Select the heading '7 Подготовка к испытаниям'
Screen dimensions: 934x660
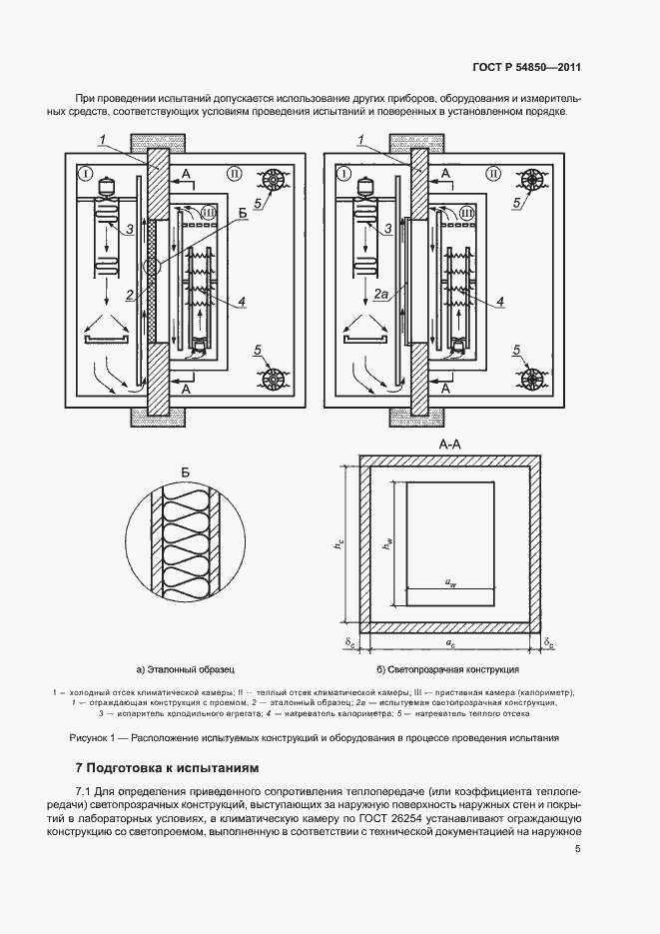167,769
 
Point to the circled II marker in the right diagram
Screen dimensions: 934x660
492,174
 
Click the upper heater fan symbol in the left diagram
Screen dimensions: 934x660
273,180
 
